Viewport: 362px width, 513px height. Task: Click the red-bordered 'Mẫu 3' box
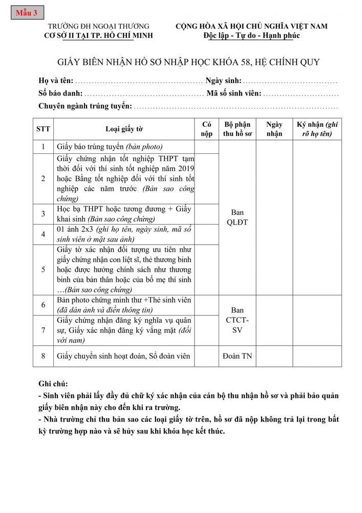27,13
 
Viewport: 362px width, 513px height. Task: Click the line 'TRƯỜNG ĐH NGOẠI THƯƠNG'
98,26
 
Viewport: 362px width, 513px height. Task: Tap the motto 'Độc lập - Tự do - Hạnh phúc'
251,35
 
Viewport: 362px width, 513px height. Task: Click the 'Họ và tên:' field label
56,81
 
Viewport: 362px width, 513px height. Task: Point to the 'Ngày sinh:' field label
223,81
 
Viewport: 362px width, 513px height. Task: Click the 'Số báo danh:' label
60,94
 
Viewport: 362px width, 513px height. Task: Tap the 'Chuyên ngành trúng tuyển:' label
85,107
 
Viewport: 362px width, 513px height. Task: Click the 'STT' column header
43,129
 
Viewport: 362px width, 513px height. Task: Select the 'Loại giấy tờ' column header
124,129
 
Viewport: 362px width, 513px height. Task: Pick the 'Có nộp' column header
206,129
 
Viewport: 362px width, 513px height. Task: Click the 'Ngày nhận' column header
274,129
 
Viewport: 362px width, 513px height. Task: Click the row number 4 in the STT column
43,234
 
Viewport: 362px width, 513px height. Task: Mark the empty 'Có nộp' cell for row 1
206,147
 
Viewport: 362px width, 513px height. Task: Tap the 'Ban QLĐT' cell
237,217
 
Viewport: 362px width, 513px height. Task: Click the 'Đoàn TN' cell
237,356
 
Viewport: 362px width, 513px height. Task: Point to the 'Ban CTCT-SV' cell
237,320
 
